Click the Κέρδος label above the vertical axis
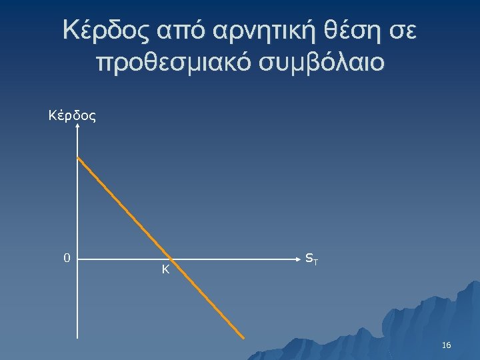(x=73, y=116)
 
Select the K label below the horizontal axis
(x=165, y=269)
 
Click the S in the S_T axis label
(x=308, y=257)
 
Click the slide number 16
(x=447, y=345)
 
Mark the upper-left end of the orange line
(x=78, y=158)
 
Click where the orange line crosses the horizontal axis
(x=171, y=258)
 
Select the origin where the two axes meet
(x=78, y=258)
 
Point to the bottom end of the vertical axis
(x=78, y=339)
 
